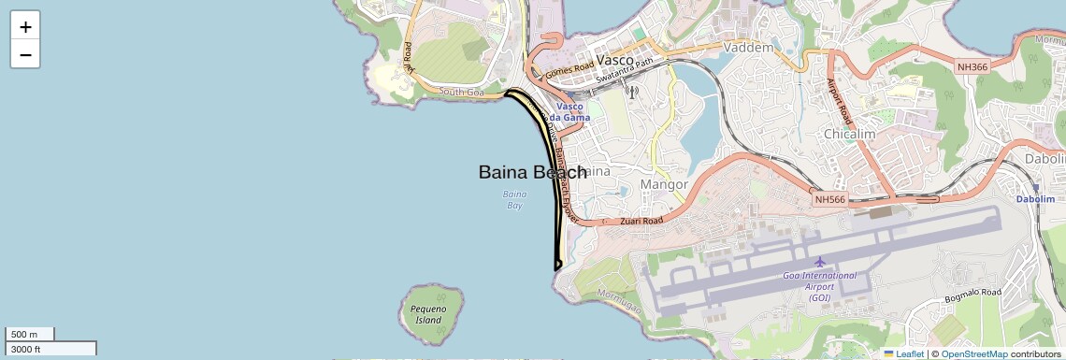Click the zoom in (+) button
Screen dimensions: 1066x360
[25, 27]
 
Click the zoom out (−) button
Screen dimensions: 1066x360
[25, 55]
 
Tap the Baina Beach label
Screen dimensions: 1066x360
[532, 172]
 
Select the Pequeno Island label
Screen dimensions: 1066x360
[427, 314]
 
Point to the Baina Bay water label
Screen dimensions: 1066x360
[514, 199]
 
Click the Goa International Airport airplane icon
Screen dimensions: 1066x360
[820, 261]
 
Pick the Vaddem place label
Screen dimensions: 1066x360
[749, 48]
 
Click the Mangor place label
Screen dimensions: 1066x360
[663, 184]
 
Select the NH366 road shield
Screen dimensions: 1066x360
[972, 66]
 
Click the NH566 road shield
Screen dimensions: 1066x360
[829, 199]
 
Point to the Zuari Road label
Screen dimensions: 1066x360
[641, 221]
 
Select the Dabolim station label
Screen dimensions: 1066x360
[1035, 199]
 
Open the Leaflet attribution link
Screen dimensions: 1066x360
[903, 354]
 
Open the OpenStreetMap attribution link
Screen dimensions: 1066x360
[973, 354]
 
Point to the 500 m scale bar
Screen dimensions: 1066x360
[30, 334]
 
